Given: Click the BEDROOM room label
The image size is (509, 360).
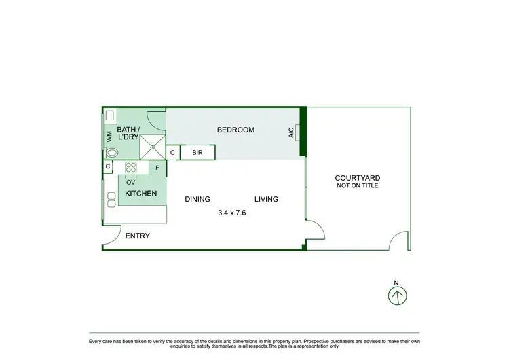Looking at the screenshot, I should click(x=235, y=130).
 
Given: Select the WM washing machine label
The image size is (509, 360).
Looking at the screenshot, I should click(x=109, y=137).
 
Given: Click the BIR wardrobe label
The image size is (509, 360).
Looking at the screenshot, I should click(x=197, y=153).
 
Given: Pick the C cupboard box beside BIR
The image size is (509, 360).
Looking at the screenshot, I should click(x=172, y=153).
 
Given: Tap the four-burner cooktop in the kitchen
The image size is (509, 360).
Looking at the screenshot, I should click(x=130, y=168).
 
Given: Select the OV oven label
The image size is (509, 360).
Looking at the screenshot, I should click(x=130, y=181).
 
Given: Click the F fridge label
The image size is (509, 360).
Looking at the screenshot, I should click(x=157, y=167).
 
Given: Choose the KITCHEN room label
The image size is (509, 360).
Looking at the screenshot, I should click(x=141, y=194).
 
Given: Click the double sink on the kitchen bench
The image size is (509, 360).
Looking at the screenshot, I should click(x=111, y=199).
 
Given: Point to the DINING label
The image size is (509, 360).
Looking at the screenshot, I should click(x=197, y=199).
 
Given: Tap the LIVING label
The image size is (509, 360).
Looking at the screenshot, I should click(x=266, y=199).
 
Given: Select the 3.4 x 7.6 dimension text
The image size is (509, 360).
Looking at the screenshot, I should click(x=231, y=213).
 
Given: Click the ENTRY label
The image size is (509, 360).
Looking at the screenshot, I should click(x=137, y=236).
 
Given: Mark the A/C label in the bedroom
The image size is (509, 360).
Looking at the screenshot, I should click(x=291, y=132).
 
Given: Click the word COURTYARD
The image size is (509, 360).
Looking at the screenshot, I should click(x=357, y=178).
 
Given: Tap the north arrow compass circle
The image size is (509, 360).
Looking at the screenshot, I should click(x=397, y=295).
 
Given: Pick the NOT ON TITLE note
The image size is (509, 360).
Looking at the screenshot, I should click(x=357, y=185).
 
